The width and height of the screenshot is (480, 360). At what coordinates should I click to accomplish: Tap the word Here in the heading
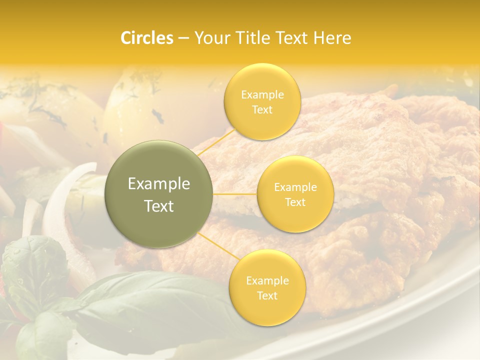click(332, 38)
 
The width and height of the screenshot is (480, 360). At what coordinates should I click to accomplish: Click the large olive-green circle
click(159, 194)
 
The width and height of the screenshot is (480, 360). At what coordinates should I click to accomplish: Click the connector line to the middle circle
click(235, 194)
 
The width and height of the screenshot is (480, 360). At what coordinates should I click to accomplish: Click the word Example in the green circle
click(159, 184)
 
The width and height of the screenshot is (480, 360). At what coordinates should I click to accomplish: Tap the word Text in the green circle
click(159, 206)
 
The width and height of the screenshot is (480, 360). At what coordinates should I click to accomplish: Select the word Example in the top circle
click(262, 95)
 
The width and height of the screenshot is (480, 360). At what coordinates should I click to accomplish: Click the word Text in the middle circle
click(295, 202)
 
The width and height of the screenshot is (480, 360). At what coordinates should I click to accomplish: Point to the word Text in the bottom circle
click(267, 295)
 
